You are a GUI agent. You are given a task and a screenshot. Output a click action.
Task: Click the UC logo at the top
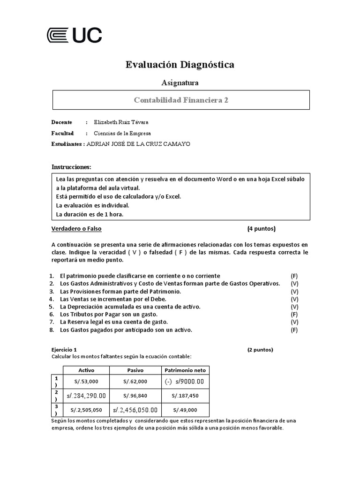click(75, 35)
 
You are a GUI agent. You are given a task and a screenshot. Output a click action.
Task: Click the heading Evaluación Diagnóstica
click(180, 65)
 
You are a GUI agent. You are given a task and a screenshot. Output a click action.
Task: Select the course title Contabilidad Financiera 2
click(181, 100)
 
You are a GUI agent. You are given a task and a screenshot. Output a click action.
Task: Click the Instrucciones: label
click(71, 167)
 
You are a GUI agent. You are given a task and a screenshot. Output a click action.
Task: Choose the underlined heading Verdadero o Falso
click(76, 229)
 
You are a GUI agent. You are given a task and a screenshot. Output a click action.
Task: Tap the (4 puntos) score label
click(262, 229)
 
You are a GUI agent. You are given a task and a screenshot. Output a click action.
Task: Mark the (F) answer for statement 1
click(294, 276)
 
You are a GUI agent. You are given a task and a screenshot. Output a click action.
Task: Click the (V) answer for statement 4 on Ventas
click(294, 299)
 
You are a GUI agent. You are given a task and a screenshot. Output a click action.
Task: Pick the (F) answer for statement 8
click(294, 330)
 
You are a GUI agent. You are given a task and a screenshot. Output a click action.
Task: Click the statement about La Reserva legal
click(113, 322)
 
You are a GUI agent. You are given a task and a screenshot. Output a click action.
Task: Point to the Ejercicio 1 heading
click(64, 350)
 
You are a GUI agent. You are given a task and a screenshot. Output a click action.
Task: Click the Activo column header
click(86, 370)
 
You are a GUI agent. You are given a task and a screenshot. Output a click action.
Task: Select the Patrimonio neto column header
click(185, 370)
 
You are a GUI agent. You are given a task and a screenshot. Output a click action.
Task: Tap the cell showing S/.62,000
click(135, 382)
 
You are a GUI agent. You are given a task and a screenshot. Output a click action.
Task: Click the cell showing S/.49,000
click(185, 410)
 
